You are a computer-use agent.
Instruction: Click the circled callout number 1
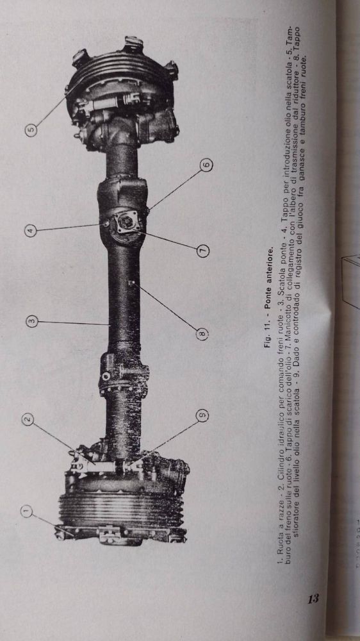click(x=27, y=511)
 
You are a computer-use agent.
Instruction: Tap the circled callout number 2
click(x=28, y=419)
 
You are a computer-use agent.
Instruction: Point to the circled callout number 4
click(x=31, y=231)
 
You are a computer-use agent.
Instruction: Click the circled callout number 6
click(x=207, y=165)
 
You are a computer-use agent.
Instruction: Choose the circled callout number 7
click(x=204, y=249)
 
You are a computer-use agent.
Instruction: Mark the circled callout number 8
click(x=203, y=335)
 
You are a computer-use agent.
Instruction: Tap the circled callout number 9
click(x=203, y=416)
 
